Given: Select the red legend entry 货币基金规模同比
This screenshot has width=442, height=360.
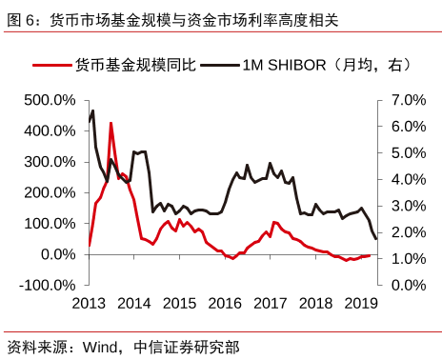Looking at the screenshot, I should click(133, 65).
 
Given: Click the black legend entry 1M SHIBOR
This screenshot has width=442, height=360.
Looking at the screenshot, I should click(324, 65).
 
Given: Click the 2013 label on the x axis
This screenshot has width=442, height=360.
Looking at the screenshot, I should click(89, 303).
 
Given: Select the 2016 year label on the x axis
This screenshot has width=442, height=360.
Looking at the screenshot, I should click(225, 303).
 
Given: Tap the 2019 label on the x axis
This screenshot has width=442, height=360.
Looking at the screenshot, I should click(361, 303).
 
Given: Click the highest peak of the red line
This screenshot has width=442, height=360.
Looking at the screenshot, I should click(111, 123).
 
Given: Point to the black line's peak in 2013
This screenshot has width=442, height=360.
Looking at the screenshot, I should click(92, 109).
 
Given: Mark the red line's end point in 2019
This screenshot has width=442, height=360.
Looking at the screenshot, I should click(370, 255).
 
